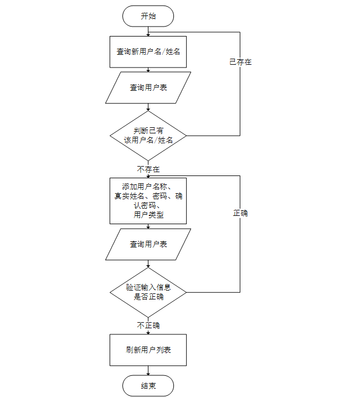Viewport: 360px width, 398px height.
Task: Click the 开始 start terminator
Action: coord(148,16)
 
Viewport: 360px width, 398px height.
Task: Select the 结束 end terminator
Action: coord(148,386)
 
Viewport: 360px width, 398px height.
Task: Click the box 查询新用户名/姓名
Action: coord(148,51)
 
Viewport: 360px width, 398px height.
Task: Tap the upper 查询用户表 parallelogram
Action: coord(148,87)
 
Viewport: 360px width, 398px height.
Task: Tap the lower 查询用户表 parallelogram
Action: coord(148,244)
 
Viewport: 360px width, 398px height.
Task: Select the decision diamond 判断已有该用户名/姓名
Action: coord(148,136)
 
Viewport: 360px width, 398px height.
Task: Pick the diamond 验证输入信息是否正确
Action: coord(148,292)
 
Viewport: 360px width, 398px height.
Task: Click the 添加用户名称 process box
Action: coord(148,200)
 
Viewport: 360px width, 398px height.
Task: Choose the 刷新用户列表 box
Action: coord(148,350)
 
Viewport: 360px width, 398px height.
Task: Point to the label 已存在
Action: coord(240,62)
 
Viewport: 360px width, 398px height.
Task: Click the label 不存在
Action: coord(148,169)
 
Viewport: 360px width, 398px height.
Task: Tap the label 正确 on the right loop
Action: coord(240,213)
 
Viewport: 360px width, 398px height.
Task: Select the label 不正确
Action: coord(148,325)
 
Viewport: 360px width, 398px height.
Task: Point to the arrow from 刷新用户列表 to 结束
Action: coord(148,370)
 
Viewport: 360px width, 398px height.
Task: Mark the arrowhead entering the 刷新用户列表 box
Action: coord(148,332)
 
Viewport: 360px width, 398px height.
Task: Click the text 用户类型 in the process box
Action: coord(148,215)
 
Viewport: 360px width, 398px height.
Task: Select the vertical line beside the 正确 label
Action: coord(240,249)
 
